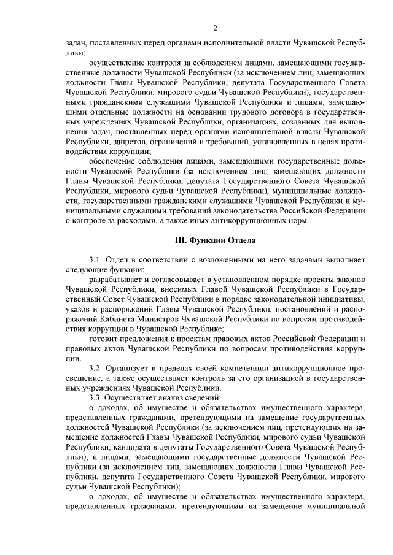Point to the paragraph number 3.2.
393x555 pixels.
98,367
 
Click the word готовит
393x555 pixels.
103,339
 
